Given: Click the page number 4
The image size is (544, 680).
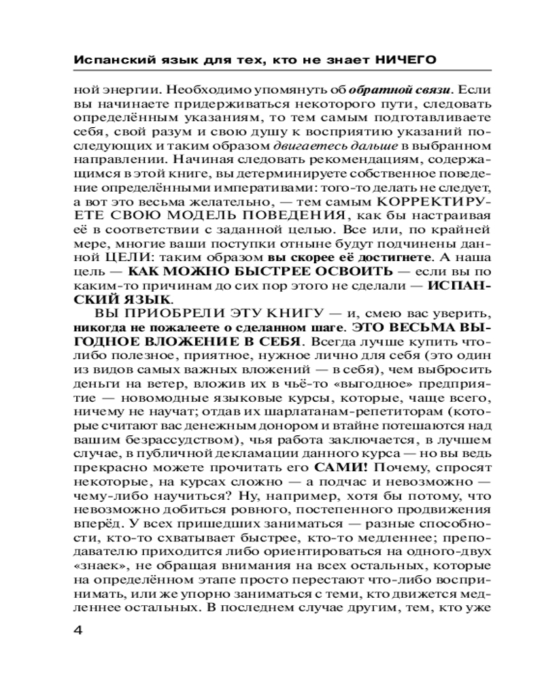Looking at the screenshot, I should click(76, 628).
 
